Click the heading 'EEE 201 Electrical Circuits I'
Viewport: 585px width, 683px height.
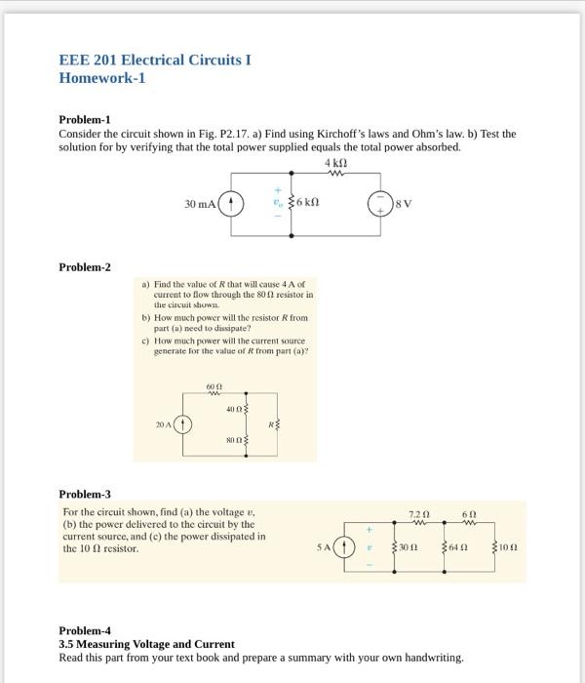point(155,60)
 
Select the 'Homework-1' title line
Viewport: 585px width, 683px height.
point(102,78)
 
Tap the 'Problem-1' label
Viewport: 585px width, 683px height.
point(85,119)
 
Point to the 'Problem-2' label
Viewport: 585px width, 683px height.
point(85,266)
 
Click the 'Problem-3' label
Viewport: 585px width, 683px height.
point(85,494)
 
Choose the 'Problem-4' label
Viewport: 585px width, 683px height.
point(85,630)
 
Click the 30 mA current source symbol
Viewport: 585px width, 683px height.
point(231,204)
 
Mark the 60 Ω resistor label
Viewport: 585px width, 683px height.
point(214,387)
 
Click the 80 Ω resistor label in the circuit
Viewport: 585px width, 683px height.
point(233,440)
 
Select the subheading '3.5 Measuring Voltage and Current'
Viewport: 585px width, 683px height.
point(146,644)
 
